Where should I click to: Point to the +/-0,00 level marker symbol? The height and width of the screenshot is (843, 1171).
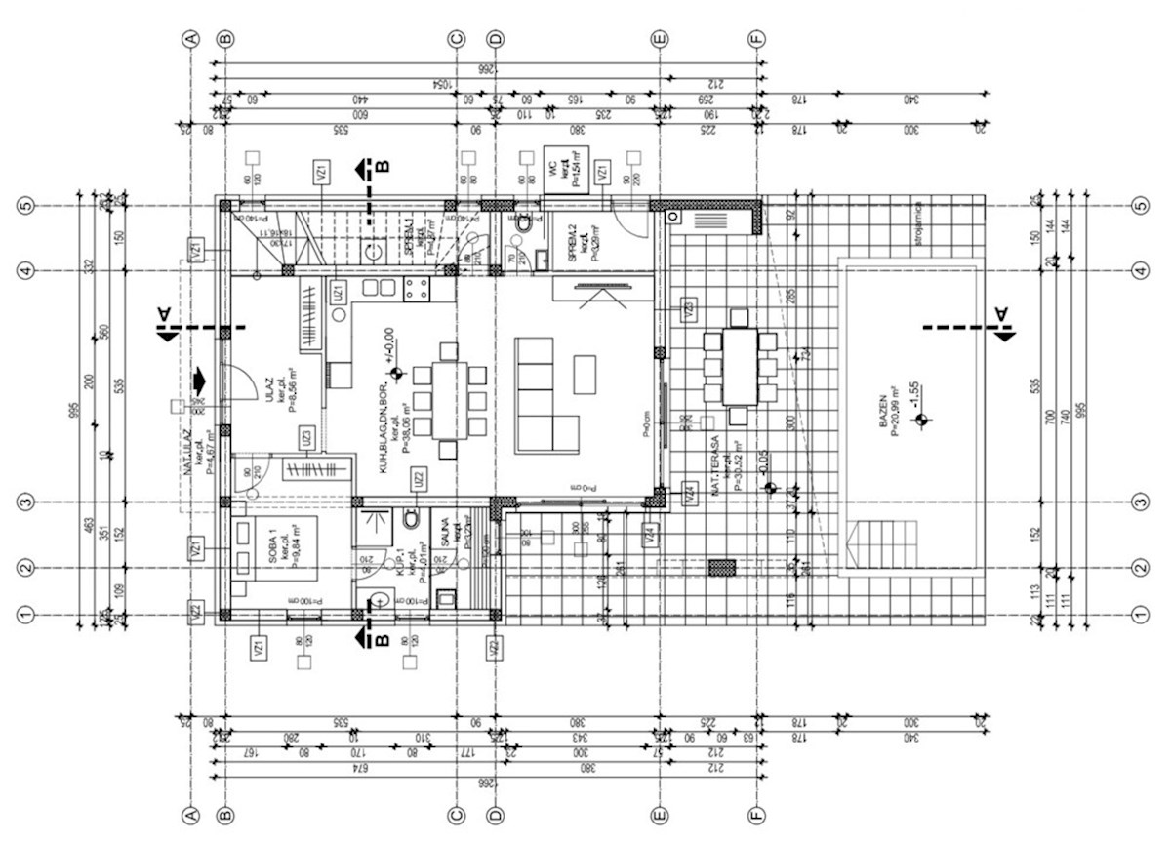coord(395,373)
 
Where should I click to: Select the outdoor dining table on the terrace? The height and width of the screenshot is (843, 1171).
coord(737,367)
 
